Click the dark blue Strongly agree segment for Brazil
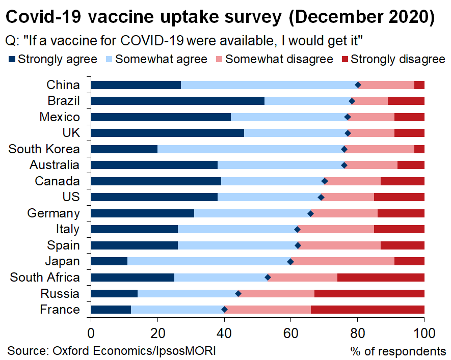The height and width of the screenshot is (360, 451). pos(178,101)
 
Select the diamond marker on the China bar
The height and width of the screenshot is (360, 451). pos(358,85)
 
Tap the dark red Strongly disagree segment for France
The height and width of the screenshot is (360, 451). pos(367,310)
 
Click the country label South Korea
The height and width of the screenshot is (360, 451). pos(44,149)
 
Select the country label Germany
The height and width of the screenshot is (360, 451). pos(53,213)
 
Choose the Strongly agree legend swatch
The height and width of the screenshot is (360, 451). pos(12,59)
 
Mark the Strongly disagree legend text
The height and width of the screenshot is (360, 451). pos(397,59)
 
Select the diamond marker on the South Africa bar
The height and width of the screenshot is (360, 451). pos(268,278)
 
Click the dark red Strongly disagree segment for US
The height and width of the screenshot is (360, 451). pos(399,197)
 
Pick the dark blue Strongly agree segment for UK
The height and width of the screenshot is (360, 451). pos(168,133)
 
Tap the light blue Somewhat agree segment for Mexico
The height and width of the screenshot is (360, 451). pos(288,117)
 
